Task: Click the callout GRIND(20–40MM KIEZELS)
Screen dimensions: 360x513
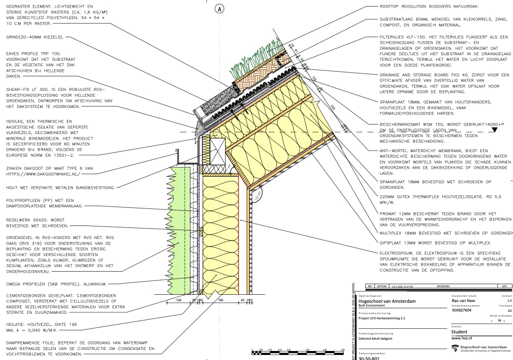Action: point(34,37)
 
